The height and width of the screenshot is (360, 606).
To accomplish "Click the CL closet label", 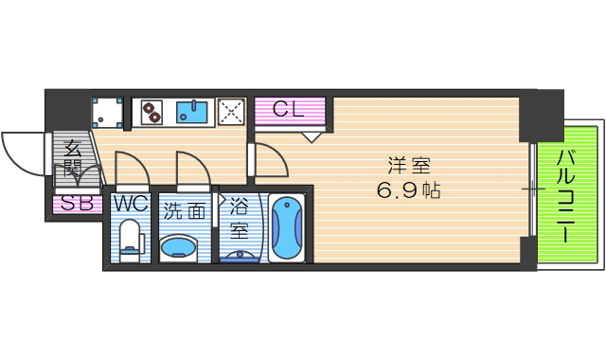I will coord(288,110).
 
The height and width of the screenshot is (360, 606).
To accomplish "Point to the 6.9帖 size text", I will coord(406,189).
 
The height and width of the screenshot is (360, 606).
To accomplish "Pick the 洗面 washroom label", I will coord(183,211).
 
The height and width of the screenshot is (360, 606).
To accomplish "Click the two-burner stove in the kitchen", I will coord(151,113).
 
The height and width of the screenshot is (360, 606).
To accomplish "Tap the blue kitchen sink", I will coord(196,113).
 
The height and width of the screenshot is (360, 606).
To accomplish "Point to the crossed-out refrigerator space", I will coord(231,113).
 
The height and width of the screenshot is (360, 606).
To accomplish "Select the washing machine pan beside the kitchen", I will coord(108,113).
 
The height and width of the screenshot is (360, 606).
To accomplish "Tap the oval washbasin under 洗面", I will coord(179,248).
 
